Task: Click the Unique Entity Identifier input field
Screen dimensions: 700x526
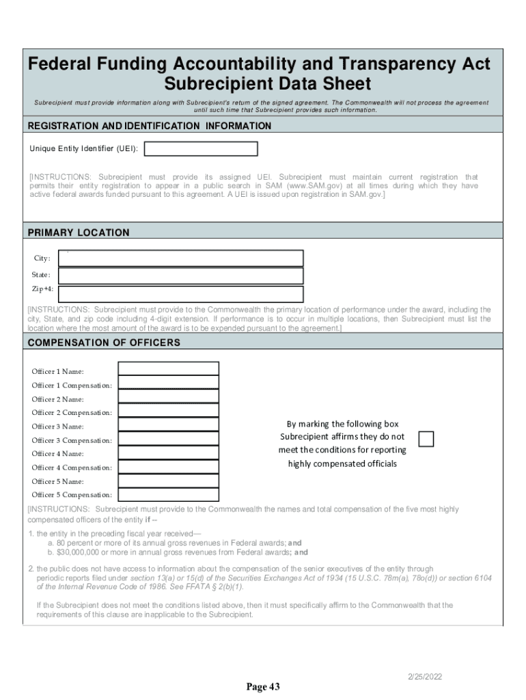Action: (x=201, y=149)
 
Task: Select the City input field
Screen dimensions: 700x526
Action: (x=181, y=258)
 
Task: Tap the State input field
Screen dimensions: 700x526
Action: (x=181, y=275)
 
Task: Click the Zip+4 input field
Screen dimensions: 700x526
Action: (x=181, y=293)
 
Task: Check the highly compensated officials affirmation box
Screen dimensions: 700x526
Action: (x=426, y=438)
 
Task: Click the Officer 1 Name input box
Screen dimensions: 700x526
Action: (x=169, y=369)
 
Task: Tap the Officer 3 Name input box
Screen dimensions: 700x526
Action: (x=169, y=425)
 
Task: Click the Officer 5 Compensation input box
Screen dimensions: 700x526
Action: (x=169, y=494)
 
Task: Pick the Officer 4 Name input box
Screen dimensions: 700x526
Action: (x=169, y=452)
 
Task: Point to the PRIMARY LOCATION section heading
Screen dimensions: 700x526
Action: (x=79, y=233)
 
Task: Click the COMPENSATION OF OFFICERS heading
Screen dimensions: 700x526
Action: (x=104, y=342)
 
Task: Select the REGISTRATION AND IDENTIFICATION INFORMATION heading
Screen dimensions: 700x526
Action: (x=149, y=126)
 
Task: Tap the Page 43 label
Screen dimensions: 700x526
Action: (x=263, y=687)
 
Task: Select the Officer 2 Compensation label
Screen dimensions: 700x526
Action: (x=72, y=413)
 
